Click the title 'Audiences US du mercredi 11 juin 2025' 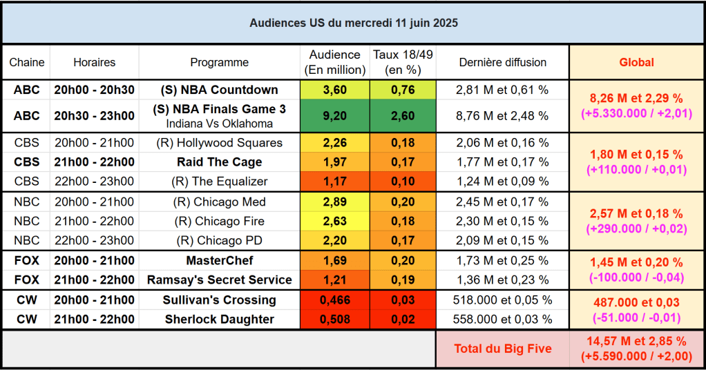[x=353, y=23]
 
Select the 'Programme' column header [x=219, y=62]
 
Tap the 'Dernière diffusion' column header [x=502, y=62]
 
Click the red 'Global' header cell [x=636, y=62]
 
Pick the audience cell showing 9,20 [x=334, y=115]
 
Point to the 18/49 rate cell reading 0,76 [x=403, y=90]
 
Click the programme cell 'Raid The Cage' [x=219, y=162]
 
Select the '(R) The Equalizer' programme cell [x=219, y=182]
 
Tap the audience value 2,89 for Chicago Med [x=334, y=202]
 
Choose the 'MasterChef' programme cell [x=219, y=261]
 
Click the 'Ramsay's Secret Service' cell [x=219, y=280]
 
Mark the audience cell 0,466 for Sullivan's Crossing [x=334, y=300]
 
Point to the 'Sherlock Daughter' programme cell [x=219, y=320]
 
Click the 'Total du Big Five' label [x=502, y=349]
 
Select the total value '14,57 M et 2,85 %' [x=636, y=341]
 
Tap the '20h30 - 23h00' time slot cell [x=94, y=115]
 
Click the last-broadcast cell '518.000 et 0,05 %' [x=502, y=300]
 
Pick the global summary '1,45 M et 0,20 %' [x=636, y=263]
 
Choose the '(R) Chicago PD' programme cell [x=219, y=240]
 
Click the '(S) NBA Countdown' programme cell [x=219, y=90]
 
